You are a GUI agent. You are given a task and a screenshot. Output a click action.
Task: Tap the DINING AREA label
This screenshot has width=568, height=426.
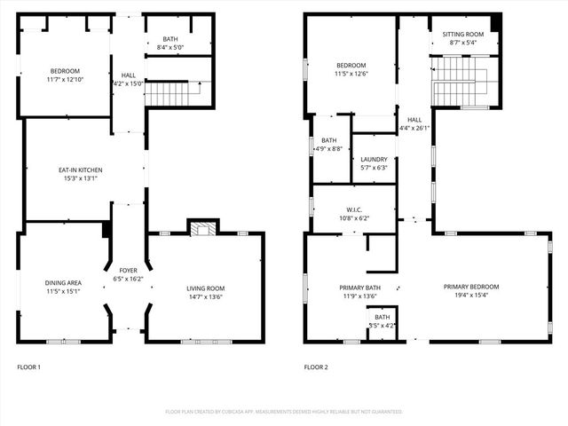click(x=63, y=283)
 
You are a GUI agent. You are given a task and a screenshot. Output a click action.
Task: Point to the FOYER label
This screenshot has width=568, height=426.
click(x=129, y=270)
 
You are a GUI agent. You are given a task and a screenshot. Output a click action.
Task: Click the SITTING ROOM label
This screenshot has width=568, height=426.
click(x=462, y=34)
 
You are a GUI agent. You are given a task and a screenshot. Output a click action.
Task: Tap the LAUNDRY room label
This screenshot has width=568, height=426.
click(x=373, y=159)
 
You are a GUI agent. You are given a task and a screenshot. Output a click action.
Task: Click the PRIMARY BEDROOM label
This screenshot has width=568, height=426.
click(x=471, y=287)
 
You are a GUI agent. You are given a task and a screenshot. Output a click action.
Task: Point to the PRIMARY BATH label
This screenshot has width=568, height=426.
click(x=359, y=288)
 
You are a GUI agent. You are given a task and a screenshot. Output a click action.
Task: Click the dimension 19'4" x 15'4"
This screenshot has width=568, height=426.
click(x=471, y=296)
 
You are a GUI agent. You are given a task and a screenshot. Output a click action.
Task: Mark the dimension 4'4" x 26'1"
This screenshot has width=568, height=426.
click(x=414, y=128)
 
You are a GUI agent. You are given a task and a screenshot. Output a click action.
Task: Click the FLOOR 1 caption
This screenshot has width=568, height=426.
click(x=29, y=367)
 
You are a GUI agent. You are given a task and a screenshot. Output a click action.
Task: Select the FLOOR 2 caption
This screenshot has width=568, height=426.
click(x=316, y=367)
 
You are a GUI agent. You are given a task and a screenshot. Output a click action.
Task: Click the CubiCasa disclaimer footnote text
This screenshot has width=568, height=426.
click(x=284, y=412)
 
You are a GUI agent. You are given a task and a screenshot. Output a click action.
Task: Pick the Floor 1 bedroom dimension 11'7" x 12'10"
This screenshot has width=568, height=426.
click(x=66, y=80)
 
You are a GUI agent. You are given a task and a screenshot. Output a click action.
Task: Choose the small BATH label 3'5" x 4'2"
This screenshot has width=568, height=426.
click(x=382, y=326)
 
